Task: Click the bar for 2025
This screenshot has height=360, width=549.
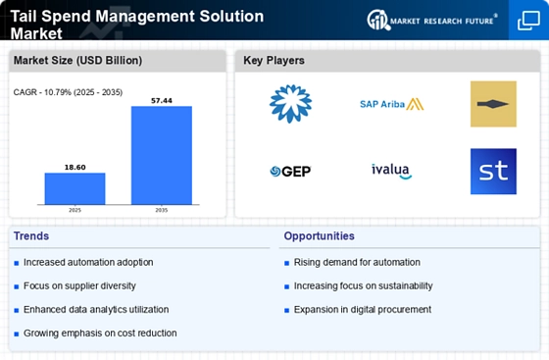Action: (75, 187)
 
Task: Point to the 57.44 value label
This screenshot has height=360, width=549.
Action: (162, 100)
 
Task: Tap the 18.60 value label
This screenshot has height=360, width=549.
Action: (75, 167)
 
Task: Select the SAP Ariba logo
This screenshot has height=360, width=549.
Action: (391, 104)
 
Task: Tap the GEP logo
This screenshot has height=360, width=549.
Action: (290, 172)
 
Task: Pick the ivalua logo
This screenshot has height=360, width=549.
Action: (391, 171)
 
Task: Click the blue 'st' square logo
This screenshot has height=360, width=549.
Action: (493, 171)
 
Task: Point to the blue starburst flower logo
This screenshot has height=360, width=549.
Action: (290, 104)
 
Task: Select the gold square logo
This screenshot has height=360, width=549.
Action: (493, 104)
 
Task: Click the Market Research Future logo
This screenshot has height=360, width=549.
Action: (431, 20)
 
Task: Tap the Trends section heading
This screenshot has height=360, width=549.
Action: (31, 236)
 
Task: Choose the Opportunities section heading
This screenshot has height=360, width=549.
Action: (320, 236)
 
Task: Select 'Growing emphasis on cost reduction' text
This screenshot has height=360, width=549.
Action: (100, 333)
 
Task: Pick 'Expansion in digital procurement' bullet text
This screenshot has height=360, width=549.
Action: (362, 309)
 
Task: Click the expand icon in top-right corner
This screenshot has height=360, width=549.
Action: (526, 22)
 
